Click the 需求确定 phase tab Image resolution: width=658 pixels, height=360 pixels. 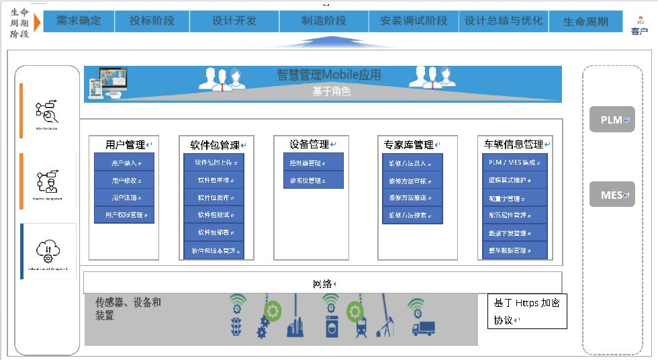coord(79,21)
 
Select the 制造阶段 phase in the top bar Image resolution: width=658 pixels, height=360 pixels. coord(324,21)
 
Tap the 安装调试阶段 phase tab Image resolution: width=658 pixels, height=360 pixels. coord(414,21)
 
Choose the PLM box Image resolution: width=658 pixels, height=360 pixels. coord(612,120)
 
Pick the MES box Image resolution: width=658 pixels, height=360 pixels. coord(612,195)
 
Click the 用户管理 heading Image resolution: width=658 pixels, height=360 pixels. coord(125,144)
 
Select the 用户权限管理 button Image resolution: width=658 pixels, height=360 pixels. coord(124,215)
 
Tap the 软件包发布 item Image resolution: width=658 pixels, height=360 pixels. coord(214,197)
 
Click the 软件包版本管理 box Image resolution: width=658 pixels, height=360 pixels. coord(214,251)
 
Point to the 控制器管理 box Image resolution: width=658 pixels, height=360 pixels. coord(308,163)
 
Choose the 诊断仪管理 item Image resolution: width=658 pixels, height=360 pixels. coord(308,180)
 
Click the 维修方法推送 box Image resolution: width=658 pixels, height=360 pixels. coord(412,197)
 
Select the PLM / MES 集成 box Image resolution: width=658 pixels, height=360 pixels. coord(514,163)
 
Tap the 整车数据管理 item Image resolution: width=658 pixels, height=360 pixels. coord(514,251)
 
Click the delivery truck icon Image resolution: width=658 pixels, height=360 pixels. coord(422,328)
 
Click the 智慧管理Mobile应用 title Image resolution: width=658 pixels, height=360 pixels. coord(328,75)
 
